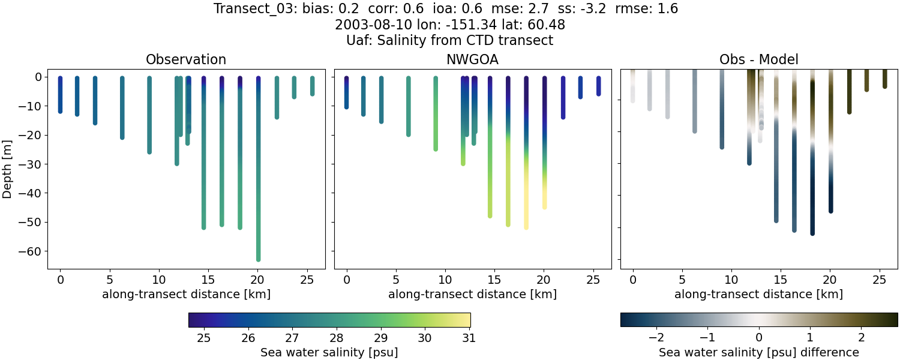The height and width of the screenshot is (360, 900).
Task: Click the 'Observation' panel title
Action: coord(186,59)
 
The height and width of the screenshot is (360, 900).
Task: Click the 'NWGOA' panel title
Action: coord(472,59)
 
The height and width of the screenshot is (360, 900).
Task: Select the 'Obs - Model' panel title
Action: coord(758,59)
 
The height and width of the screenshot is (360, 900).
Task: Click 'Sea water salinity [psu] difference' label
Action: coord(758,352)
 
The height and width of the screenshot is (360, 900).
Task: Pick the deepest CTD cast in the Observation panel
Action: coord(258,180)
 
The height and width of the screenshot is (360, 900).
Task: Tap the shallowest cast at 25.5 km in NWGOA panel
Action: coord(598,86)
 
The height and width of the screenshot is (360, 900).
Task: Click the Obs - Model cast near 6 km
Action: coord(695,102)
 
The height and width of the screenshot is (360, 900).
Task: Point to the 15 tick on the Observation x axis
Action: coord(208,280)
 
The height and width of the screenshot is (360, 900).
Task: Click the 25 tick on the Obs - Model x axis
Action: coord(879,280)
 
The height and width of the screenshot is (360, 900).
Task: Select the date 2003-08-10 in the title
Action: coord(367,25)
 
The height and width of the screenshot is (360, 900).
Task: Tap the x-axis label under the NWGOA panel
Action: coord(472,295)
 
